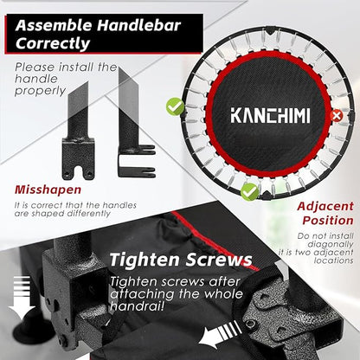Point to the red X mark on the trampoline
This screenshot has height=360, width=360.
pos(337,114)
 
